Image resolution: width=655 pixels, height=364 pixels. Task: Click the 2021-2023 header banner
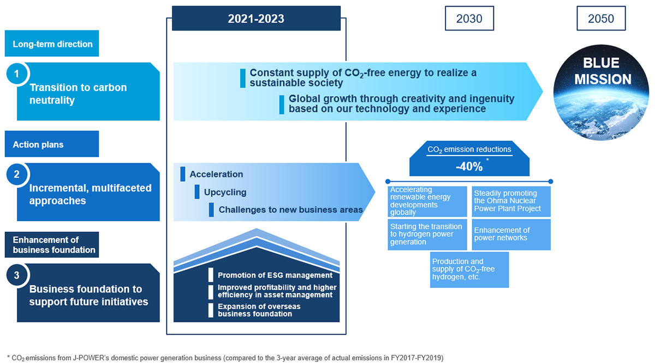pos(256,18)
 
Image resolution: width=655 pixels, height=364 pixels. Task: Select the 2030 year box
pos(469,18)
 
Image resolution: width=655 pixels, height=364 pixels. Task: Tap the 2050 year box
pos(601,18)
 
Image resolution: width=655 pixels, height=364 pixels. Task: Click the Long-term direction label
pos(52,43)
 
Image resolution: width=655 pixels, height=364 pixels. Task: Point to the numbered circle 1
pos(17,74)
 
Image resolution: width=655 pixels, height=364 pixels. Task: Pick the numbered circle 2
pos(17,174)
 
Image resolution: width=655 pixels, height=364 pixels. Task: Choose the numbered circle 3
pos(17,275)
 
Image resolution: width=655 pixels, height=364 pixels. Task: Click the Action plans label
pos(52,144)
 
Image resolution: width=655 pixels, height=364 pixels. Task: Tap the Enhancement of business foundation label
pos(52,244)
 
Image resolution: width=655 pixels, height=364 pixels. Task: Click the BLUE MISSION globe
pos(601,92)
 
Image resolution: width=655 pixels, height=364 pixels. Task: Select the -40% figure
pos(469,166)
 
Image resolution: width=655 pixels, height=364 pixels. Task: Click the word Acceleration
pos(216,174)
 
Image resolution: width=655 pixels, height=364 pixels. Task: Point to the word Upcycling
pos(225,192)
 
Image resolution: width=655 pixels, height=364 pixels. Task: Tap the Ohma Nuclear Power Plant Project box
pos(511,201)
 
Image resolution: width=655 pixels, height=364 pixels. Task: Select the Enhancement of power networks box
pos(511,235)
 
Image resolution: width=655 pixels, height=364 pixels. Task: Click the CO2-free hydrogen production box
pos(469,270)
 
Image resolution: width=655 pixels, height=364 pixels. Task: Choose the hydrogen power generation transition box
pos(427,235)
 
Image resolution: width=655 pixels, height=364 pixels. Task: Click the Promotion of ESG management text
pos(275,275)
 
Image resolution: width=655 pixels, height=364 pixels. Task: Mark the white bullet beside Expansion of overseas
pos(211,310)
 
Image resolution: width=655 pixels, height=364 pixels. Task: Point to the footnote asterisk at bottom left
pos(9,357)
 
